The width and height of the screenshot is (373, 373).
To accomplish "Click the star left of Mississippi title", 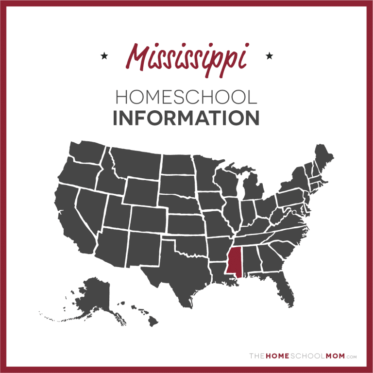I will (x=103, y=56).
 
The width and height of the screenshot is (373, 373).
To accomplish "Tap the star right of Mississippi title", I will (x=269, y=56).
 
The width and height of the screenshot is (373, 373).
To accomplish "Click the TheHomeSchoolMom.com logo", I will (x=303, y=356).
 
